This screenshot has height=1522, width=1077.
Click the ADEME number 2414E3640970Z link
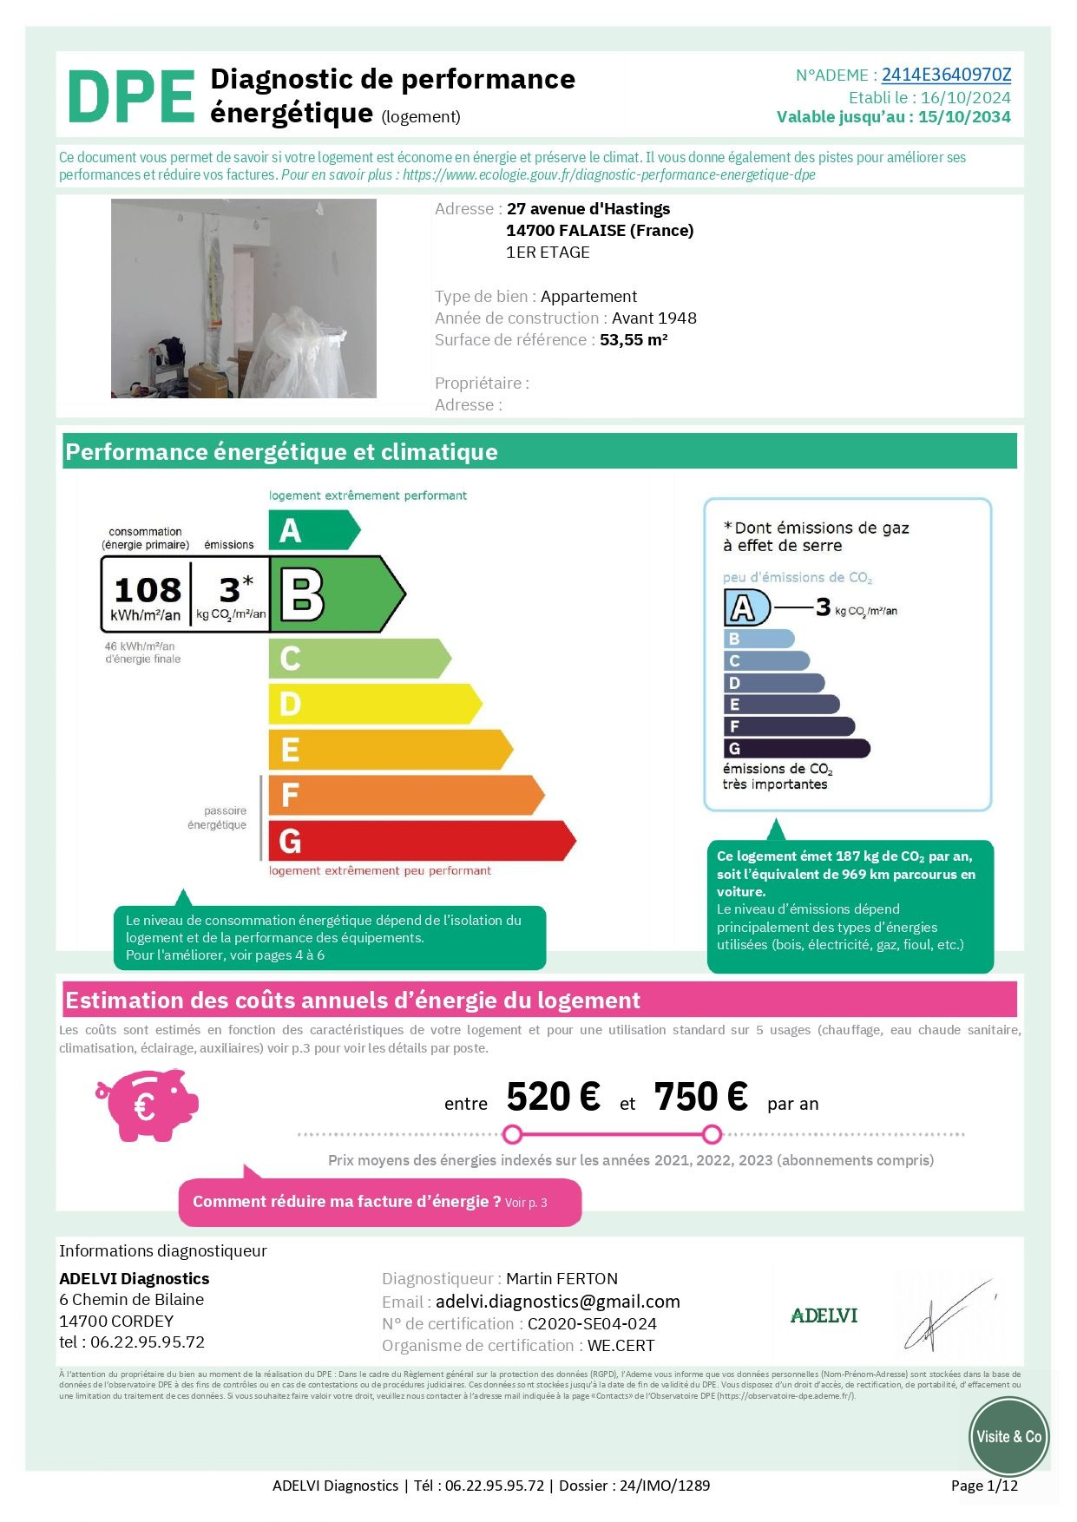point(946,75)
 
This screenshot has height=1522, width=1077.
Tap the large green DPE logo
point(131,97)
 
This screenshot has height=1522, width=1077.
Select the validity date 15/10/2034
point(964,117)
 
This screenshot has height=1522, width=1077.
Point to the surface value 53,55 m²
point(634,340)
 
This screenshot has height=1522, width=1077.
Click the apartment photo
point(244,298)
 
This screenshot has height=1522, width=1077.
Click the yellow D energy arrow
point(373,704)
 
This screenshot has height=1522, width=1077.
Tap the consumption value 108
point(148,590)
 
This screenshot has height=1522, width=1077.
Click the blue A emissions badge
point(745,607)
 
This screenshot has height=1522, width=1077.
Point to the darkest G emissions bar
point(796,748)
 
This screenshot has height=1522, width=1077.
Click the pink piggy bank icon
point(148,1104)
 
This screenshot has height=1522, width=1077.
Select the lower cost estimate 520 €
point(553,1098)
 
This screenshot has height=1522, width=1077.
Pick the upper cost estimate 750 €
point(700,1098)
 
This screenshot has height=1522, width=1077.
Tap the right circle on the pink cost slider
point(712,1134)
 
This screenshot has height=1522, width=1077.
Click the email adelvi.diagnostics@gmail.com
point(557,1302)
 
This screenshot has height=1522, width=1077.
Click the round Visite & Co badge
point(1008,1437)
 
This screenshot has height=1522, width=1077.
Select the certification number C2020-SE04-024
point(592,1324)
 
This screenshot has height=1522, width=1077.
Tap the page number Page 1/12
point(984,1486)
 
